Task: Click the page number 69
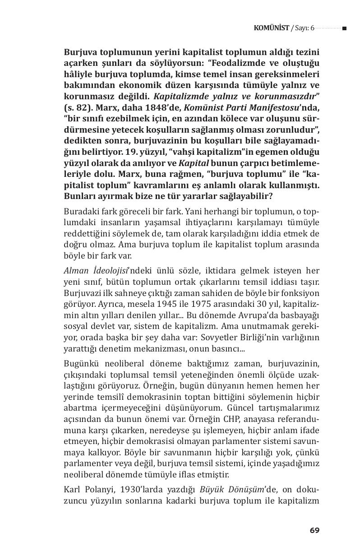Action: [x=314, y=530]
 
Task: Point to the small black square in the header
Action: [x=344, y=28]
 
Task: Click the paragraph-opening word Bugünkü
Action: [x=82, y=363]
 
